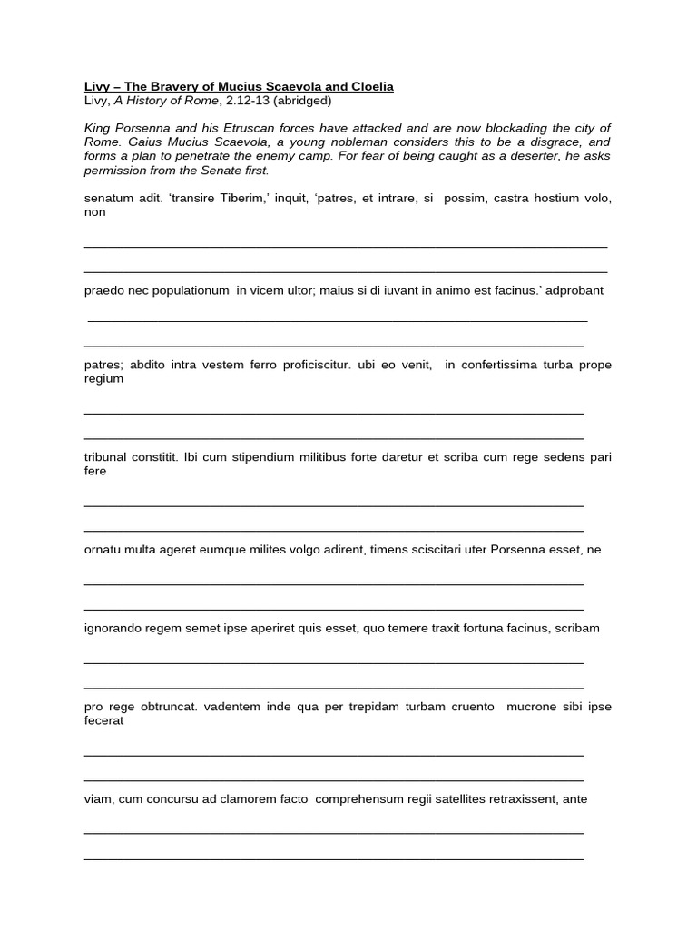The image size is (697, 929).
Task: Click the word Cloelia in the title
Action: click(x=369, y=86)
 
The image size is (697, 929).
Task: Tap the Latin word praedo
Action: click(x=103, y=290)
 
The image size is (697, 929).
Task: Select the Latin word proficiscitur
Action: click(x=309, y=365)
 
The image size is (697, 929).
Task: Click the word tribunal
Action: click(x=107, y=457)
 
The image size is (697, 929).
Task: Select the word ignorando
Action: click(x=113, y=628)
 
